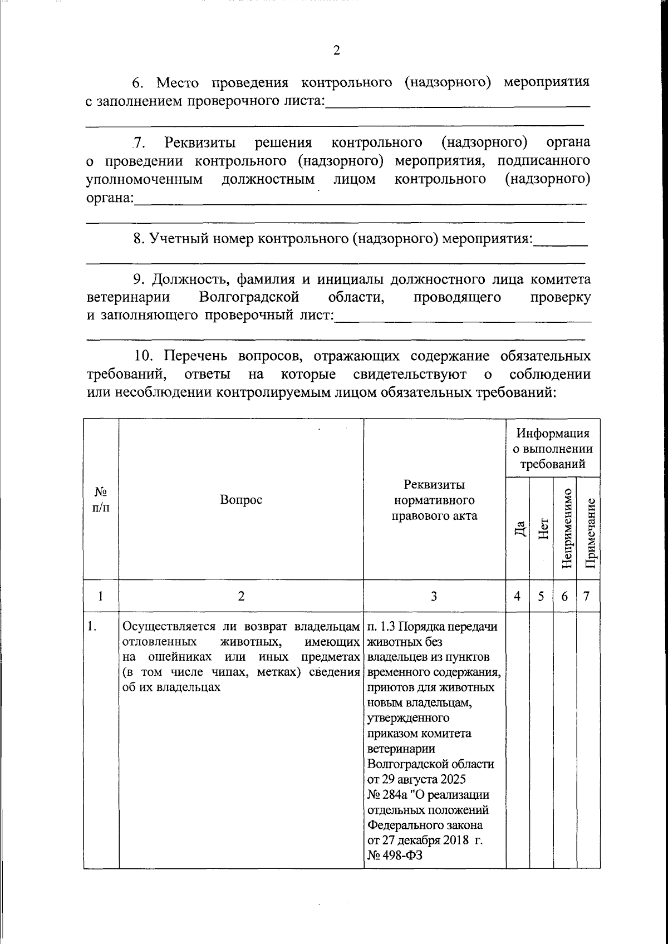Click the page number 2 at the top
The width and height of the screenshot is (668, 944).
pos(336,51)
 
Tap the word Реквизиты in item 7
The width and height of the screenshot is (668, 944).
pos(200,142)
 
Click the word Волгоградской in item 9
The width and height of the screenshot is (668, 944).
pos(249,297)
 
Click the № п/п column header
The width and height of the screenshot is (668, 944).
pos(101,499)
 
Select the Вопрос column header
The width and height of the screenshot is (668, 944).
pos(241,499)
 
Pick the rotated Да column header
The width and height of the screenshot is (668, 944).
pos(518,528)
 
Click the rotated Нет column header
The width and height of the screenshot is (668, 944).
pos(542,528)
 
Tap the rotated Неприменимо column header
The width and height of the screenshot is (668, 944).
pos(566,528)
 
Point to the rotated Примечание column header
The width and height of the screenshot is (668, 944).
pos(589,528)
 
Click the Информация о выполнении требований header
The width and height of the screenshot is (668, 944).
pos(553,448)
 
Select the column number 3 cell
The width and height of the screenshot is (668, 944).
pos(434,596)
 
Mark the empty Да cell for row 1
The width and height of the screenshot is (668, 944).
pos(518,740)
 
